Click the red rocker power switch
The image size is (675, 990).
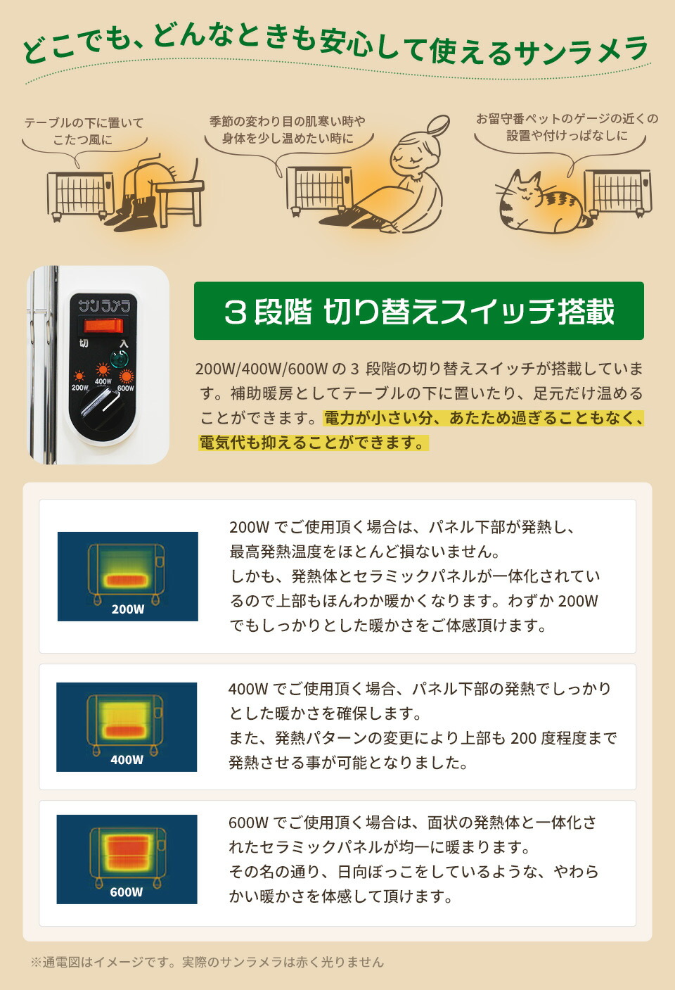coord(103,326)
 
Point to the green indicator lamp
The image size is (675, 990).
coord(119,357)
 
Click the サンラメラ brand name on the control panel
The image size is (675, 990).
coord(103,305)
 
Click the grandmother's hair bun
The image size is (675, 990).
coord(437,126)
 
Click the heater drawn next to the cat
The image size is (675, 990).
coord(617,191)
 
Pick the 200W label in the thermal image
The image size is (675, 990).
coord(127,609)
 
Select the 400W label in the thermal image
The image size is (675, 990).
coord(127,759)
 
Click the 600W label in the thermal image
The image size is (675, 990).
coord(127,892)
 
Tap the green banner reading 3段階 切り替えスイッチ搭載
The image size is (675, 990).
coord(418,311)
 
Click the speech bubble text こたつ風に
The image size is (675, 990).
coord(82,139)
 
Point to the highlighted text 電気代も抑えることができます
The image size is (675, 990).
coord(312,443)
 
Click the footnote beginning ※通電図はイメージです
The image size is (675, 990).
coord(207,962)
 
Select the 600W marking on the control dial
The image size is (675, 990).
coord(126,388)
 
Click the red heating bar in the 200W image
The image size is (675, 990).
coord(127,581)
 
